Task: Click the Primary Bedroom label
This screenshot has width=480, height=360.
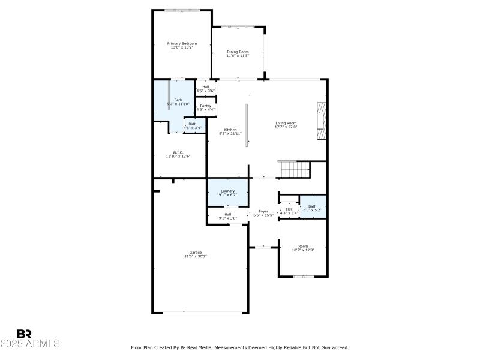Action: (182, 43)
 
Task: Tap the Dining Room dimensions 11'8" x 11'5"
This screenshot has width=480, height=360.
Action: (238, 56)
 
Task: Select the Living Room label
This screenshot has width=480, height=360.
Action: (286, 123)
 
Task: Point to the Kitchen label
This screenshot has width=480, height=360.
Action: (230, 130)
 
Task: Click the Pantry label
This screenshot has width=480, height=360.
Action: (205, 106)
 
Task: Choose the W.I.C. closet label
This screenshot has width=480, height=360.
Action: (178, 152)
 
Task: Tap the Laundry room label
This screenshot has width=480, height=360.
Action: (227, 191)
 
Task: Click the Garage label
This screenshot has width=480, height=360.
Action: (196, 252)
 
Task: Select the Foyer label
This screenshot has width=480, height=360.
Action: (263, 211)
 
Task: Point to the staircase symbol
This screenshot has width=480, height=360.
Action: (293, 169)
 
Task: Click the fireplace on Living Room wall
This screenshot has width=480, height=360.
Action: (322, 121)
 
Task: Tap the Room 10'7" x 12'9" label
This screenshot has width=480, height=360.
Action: (304, 246)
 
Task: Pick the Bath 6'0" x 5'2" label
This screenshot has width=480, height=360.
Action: (312, 206)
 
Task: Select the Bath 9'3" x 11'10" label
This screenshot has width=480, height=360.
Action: (178, 100)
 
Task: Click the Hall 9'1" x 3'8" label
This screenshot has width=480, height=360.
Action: (228, 214)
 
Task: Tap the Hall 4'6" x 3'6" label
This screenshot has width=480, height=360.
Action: (206, 86)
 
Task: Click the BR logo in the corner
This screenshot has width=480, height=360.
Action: (24, 334)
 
